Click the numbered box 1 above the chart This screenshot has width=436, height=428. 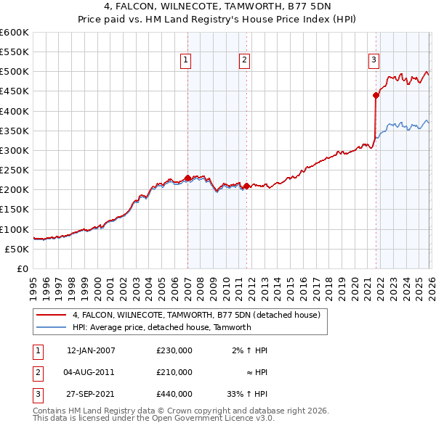[187, 60]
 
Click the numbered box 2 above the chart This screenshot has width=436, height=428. [245, 60]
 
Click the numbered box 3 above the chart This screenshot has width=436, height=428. [374, 60]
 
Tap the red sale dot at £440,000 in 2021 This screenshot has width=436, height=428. [376, 95]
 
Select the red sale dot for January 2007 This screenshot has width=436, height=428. [187, 178]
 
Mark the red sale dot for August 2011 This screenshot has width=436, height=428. [246, 186]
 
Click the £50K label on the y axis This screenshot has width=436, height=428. [17, 249]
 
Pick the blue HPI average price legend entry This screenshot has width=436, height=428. [161, 327]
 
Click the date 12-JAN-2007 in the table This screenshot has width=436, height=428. [91, 350]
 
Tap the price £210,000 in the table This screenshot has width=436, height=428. [174, 372]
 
